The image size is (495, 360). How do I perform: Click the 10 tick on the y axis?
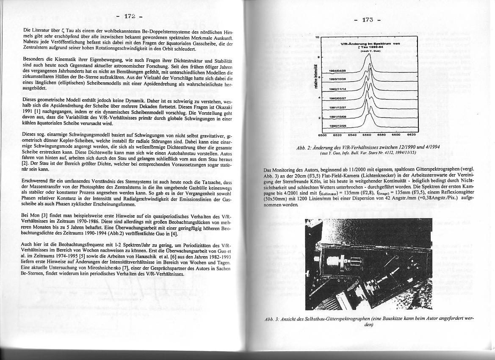[x=317, y=38]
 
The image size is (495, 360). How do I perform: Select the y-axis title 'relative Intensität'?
[x=312, y=85]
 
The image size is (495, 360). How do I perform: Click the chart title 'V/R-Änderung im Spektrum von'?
[x=370, y=44]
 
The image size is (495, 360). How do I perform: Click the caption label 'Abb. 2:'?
[x=304, y=147]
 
